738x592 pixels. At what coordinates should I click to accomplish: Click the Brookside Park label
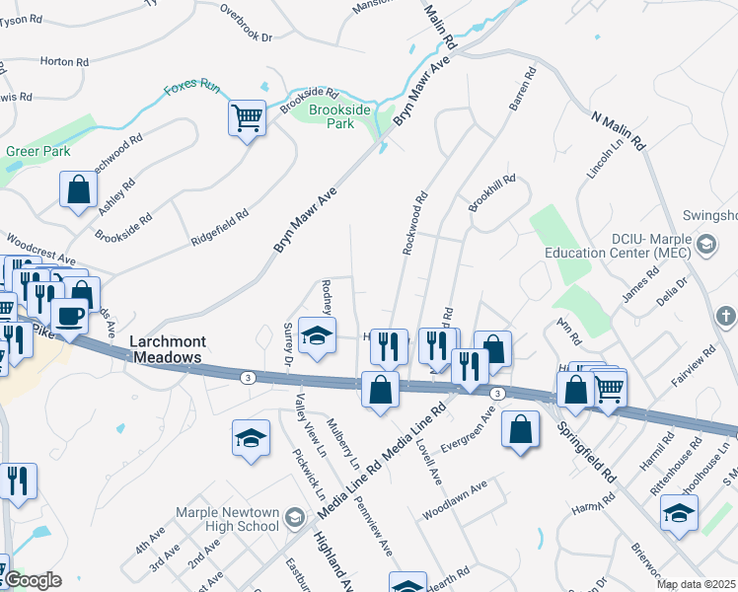click(x=339, y=117)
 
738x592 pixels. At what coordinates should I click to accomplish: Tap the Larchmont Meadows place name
click(x=166, y=349)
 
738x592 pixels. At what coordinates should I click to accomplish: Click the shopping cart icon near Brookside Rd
click(x=247, y=118)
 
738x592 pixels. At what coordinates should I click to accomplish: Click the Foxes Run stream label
click(x=190, y=86)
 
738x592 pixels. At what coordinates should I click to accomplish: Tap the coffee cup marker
click(x=69, y=316)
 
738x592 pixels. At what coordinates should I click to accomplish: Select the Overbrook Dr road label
click(x=246, y=22)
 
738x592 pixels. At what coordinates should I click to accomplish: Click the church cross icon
click(x=725, y=317)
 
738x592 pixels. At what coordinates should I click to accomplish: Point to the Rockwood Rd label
click(x=415, y=224)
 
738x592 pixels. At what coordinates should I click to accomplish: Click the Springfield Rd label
click(x=586, y=446)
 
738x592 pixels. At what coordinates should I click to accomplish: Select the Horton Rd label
click(x=65, y=61)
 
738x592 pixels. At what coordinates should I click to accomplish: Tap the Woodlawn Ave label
click(x=455, y=501)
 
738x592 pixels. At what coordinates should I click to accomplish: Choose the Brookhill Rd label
click(x=491, y=186)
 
